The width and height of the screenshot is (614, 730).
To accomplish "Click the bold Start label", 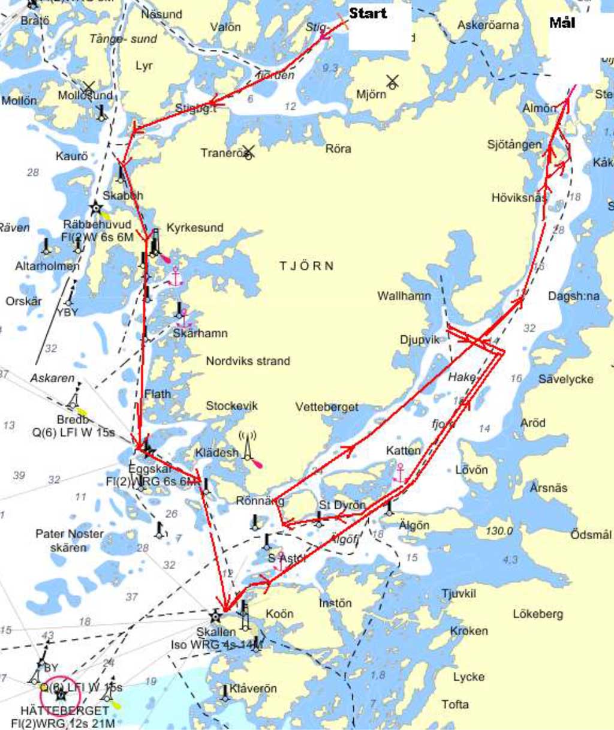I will [368, 13].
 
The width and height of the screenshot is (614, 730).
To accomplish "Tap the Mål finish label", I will [562, 23].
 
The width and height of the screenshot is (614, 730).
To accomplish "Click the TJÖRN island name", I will [306, 266].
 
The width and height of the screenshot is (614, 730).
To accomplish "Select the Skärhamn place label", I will [200, 333].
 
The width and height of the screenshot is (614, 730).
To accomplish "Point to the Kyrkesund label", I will [195, 227].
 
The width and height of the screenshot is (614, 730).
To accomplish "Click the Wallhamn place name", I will [404, 295].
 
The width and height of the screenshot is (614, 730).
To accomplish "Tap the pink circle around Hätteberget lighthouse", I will [61, 695].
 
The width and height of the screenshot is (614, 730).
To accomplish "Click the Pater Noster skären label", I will [69, 540].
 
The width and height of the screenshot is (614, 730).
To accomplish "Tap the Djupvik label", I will [419, 340].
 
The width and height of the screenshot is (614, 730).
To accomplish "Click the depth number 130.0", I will [499, 531].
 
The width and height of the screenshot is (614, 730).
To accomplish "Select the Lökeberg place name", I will [537, 614].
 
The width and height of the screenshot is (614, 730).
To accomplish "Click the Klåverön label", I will [253, 688].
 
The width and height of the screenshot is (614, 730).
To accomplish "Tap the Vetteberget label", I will [327, 407].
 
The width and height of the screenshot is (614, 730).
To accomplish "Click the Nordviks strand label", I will [248, 361].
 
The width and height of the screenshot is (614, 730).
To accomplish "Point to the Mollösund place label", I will [85, 95].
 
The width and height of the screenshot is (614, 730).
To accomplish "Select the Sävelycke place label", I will [565, 378].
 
